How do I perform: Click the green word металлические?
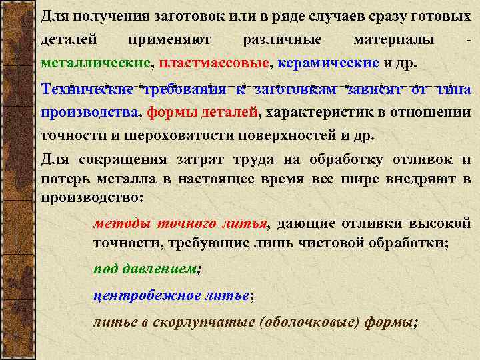tap(97, 64)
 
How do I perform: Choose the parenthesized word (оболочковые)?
tap(313, 322)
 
